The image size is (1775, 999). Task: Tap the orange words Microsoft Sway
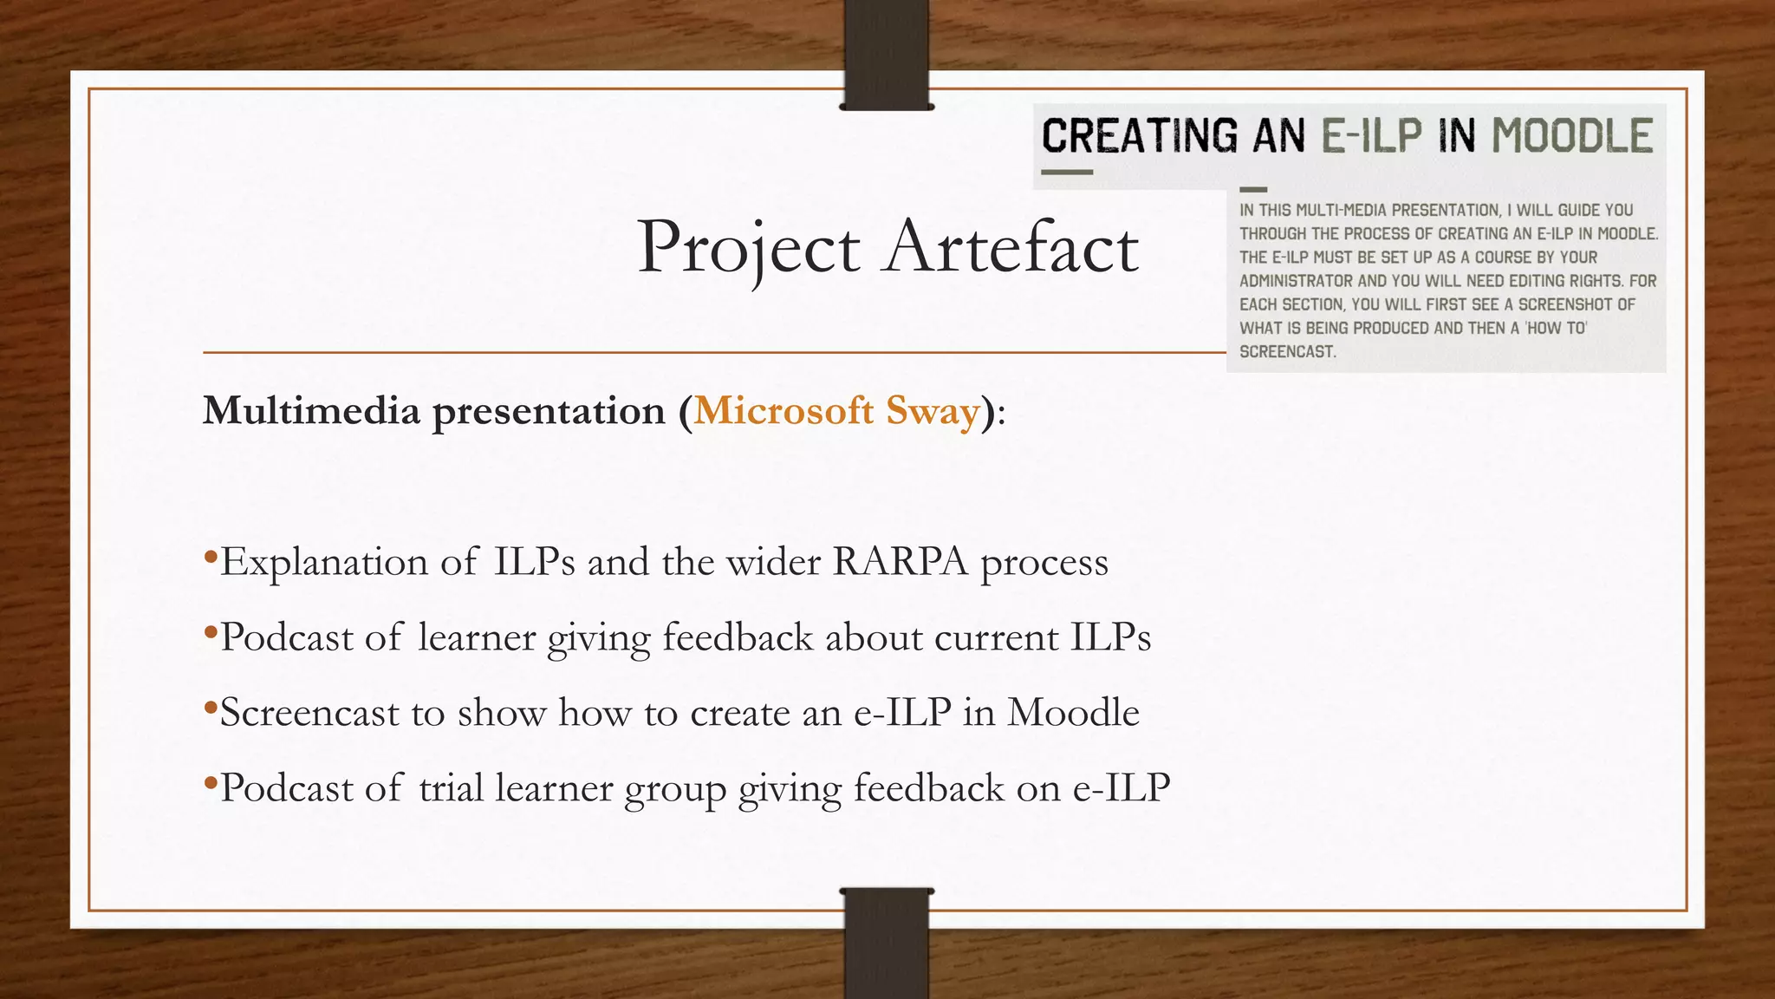coord(836,410)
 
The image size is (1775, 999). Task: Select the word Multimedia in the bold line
coord(311,410)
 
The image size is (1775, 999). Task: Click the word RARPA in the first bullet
coord(900,562)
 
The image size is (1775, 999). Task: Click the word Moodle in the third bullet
coord(1073,713)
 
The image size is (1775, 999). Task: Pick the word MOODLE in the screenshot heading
coord(1572,137)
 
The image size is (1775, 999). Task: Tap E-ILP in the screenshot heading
coord(1371,137)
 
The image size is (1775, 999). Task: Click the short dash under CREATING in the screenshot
coord(1066,173)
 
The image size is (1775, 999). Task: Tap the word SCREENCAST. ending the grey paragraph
coord(1288,352)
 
